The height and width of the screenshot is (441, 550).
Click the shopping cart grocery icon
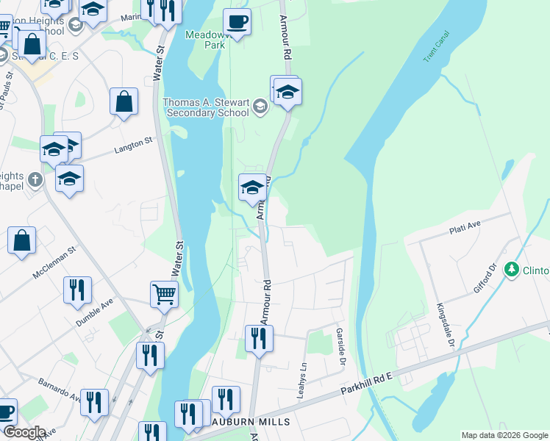[x=164, y=295]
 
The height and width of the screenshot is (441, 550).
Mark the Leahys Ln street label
[x=301, y=379]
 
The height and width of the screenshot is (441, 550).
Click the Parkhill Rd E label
[x=368, y=387]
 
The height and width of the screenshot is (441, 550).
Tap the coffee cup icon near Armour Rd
[x=236, y=21]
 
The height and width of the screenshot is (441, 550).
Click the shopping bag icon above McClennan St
[x=22, y=240]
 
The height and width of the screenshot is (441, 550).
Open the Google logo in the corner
[x=24, y=432]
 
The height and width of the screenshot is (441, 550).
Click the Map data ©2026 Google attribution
[x=504, y=435]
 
